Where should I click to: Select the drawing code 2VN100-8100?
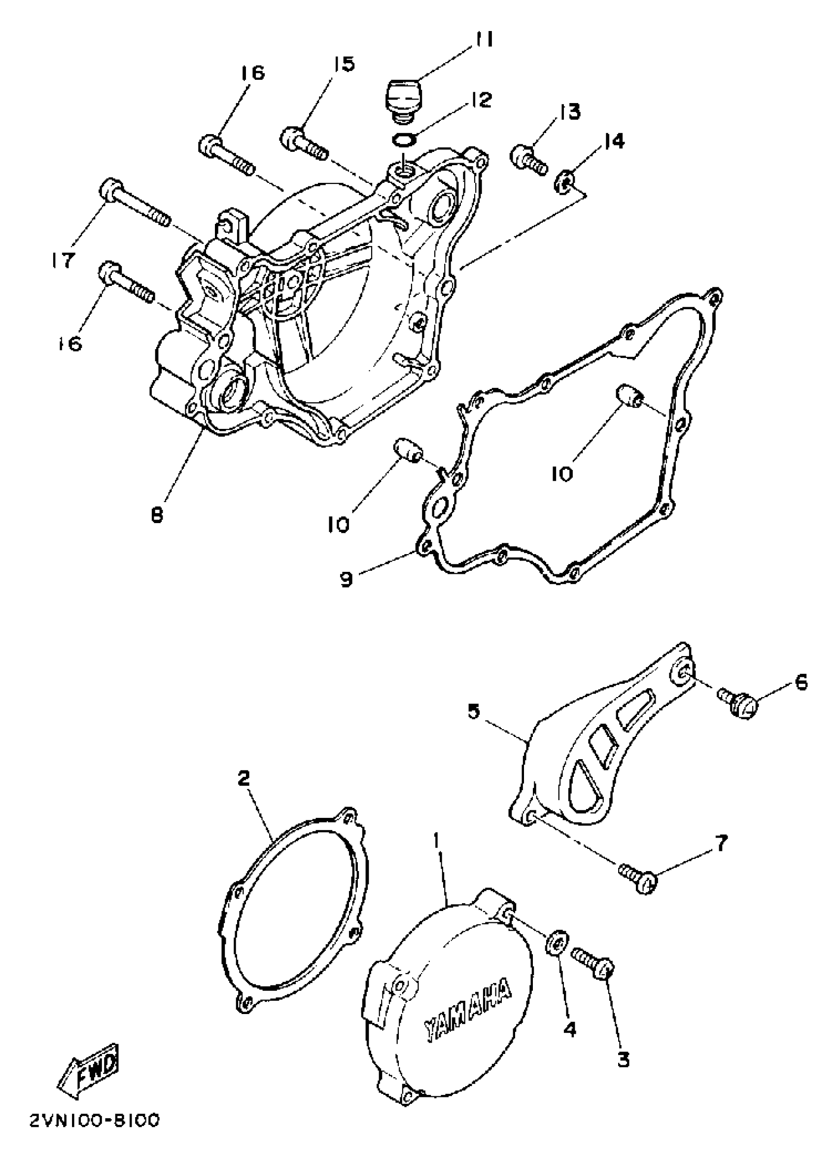tap(94, 1135)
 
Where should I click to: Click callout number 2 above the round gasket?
tap(244, 778)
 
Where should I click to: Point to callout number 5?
tap(474, 712)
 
